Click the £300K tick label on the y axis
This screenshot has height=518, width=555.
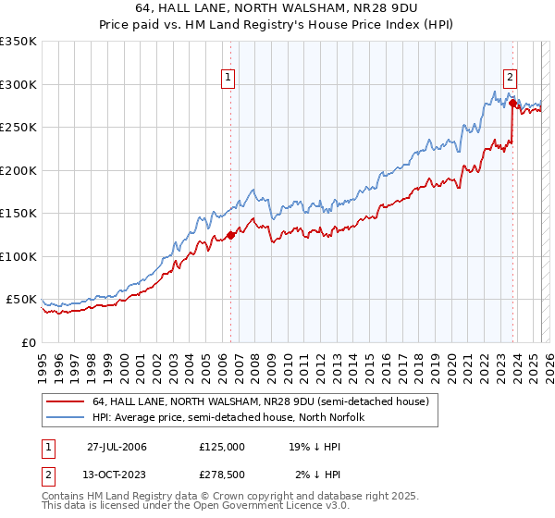(x=18, y=84)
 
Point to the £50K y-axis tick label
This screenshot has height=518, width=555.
(x=20, y=300)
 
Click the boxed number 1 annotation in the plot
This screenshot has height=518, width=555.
(x=228, y=79)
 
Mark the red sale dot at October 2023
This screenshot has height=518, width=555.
(x=512, y=104)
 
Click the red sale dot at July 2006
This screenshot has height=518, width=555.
(x=230, y=235)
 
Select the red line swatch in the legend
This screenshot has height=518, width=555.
(x=64, y=402)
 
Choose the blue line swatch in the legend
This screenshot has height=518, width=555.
(x=64, y=417)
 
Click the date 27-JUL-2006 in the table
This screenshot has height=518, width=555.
(x=117, y=447)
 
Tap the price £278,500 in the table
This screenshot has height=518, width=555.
(x=222, y=475)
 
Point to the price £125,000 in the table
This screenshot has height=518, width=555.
(x=222, y=447)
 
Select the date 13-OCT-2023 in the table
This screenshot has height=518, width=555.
(x=117, y=475)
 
